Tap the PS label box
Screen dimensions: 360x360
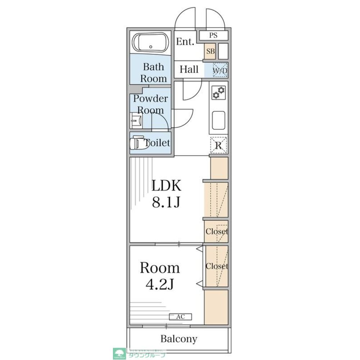tap(214, 36)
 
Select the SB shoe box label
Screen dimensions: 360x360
tap(210, 51)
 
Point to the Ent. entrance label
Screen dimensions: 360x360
tap(185, 42)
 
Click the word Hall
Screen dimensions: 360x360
tap(189, 69)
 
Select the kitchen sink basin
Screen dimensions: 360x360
tap(218, 121)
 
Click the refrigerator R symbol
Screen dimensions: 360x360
tap(218, 145)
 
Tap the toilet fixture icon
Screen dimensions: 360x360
tap(139, 143)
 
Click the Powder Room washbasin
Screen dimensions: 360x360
tap(135, 120)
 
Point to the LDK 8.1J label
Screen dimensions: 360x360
tap(166, 194)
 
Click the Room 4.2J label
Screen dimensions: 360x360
tap(160, 275)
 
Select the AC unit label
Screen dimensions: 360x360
tap(181, 317)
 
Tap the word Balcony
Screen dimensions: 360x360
tap(179, 339)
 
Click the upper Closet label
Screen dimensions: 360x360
tap(217, 231)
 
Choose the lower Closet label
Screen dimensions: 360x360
tap(217, 266)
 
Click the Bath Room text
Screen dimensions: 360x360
tap(154, 72)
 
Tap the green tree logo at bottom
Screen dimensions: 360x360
tap(118, 353)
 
